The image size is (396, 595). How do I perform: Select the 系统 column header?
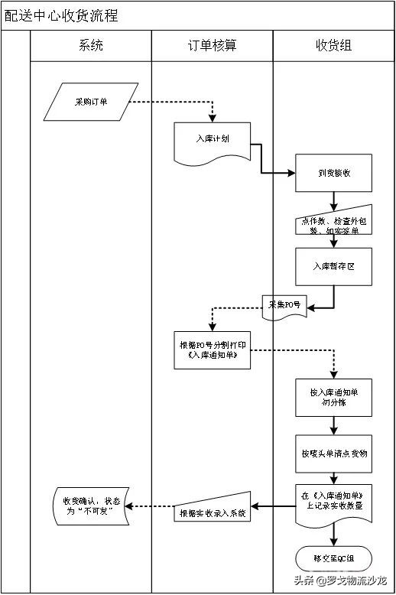coord(90,46)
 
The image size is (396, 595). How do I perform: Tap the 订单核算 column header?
coord(212,46)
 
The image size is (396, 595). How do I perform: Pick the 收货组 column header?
coord(333,46)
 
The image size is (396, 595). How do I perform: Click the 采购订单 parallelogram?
coord(91,102)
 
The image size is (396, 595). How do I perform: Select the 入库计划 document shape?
coord(212,141)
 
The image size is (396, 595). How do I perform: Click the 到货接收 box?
coord(333,173)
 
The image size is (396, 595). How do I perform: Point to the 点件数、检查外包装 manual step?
coord(333,222)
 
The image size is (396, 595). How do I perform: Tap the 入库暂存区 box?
coord(333,266)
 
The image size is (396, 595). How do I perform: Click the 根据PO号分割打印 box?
coord(212,350)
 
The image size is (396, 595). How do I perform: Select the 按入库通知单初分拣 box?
coord(333,397)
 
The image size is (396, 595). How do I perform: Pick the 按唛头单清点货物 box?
coord(333,454)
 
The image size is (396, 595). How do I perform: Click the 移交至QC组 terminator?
coord(333,557)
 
